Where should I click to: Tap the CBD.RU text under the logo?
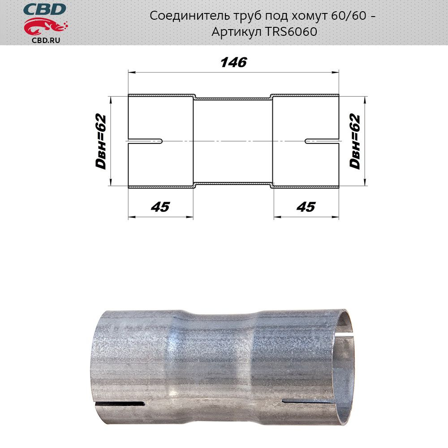click(46, 40)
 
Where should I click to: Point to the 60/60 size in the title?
click(349, 15)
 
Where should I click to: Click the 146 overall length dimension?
click(234, 62)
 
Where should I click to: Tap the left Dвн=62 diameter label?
click(101, 142)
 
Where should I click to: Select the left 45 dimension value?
click(160, 207)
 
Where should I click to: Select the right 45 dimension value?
click(306, 207)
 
